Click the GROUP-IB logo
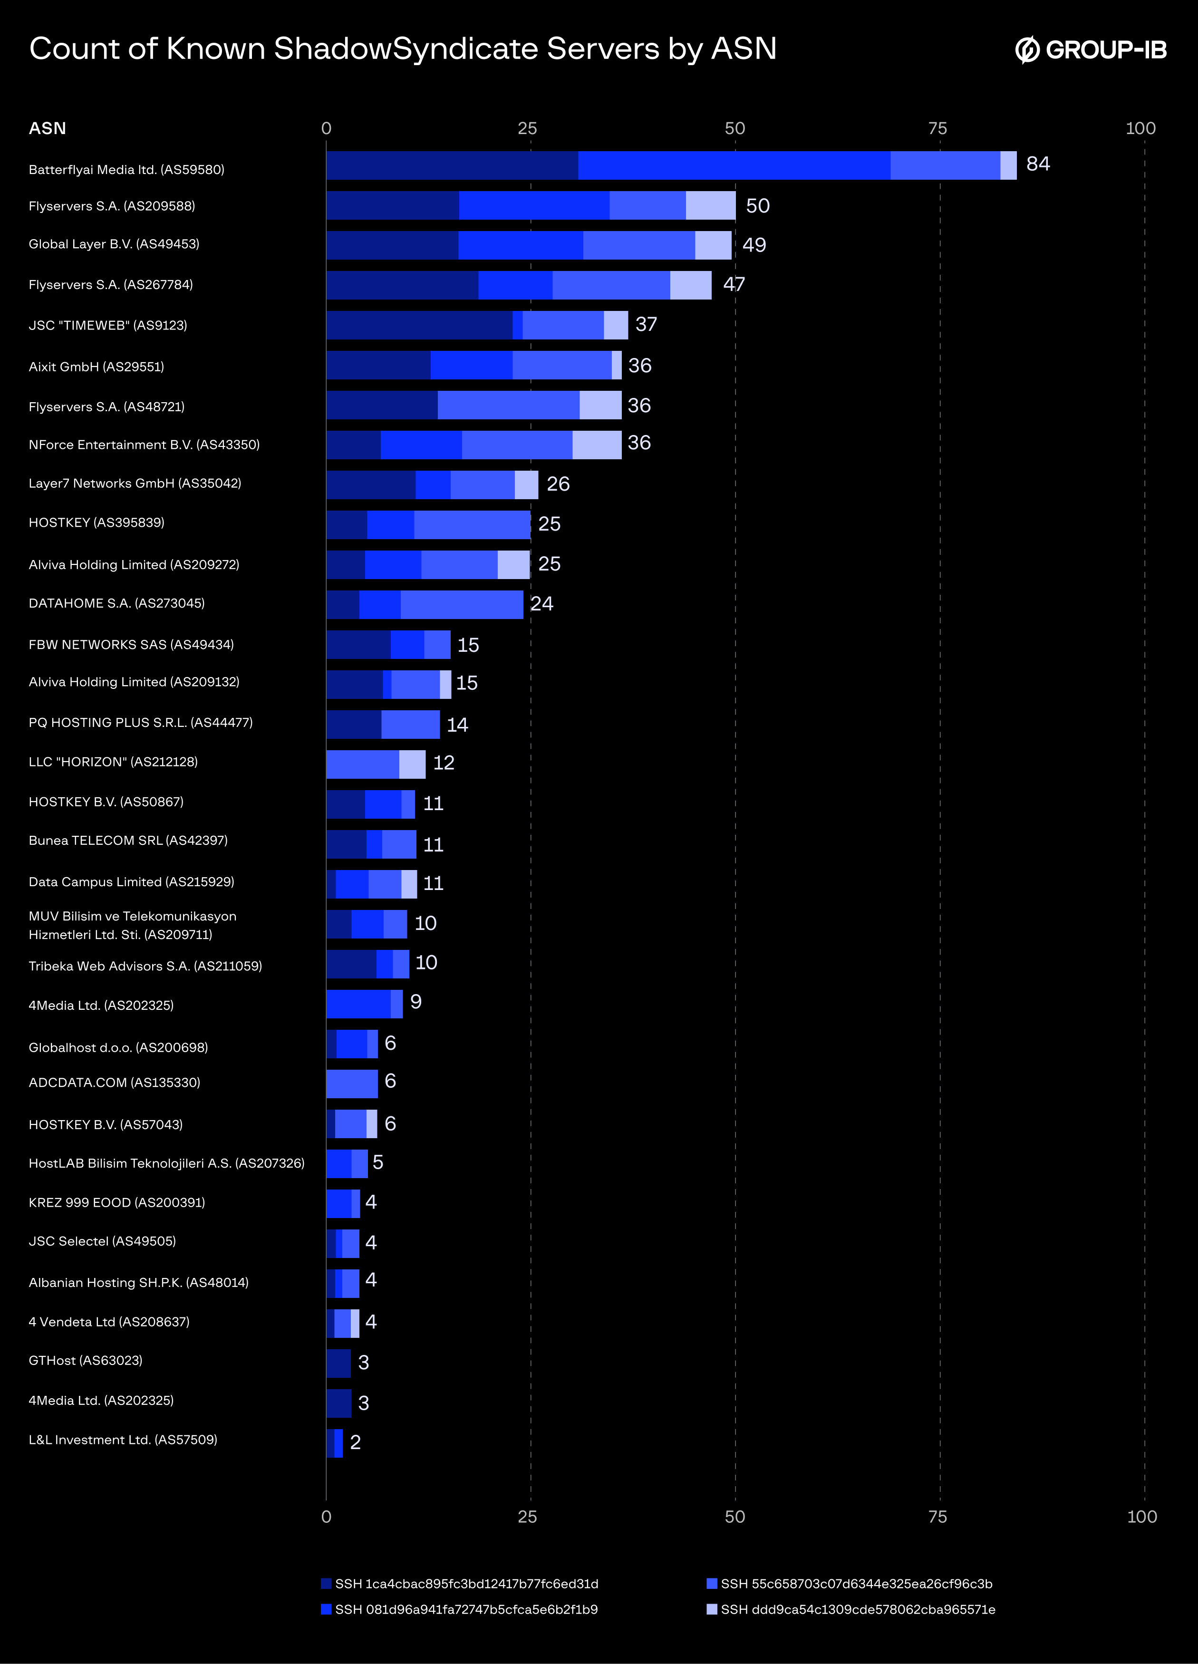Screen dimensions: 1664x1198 (x=1091, y=50)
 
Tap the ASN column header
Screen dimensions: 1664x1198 (x=47, y=128)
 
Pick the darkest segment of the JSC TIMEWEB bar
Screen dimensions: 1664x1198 (x=419, y=325)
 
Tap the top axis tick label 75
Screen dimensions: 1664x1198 (x=937, y=128)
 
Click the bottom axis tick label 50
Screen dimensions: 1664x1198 (x=734, y=1517)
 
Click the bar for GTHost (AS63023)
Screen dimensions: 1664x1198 (x=338, y=1363)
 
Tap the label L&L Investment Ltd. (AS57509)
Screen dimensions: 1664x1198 (x=123, y=1440)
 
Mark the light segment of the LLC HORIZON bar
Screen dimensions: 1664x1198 (x=412, y=764)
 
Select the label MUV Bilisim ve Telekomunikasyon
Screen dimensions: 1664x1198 (x=132, y=916)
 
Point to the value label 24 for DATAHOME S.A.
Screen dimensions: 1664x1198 (x=541, y=604)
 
